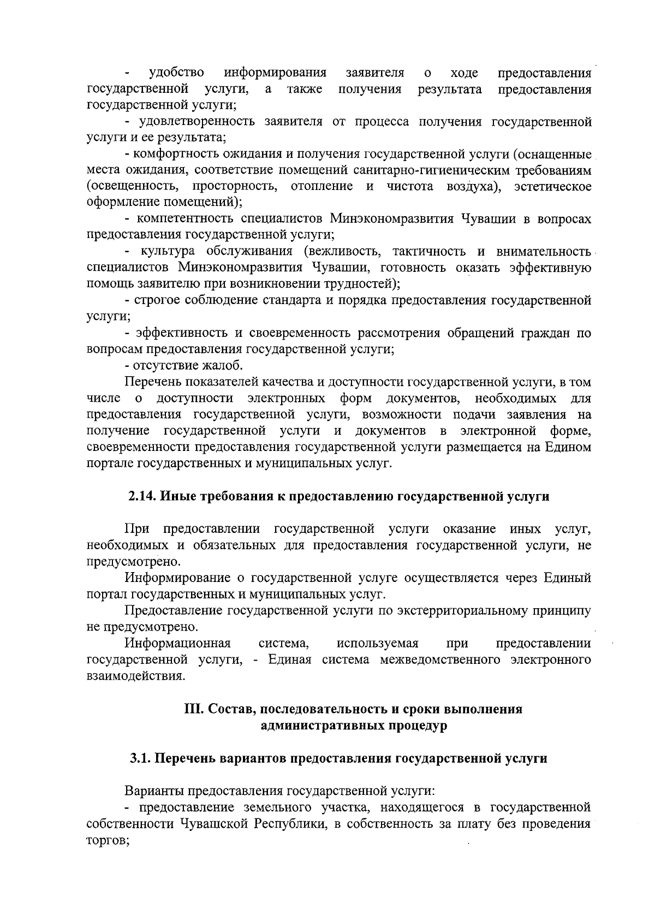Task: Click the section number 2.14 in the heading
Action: pyautogui.click(x=142, y=496)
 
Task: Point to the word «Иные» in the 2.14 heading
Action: pyautogui.click(x=180, y=496)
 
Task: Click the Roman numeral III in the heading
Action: pyautogui.click(x=193, y=709)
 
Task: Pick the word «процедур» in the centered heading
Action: pyautogui.click(x=420, y=726)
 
